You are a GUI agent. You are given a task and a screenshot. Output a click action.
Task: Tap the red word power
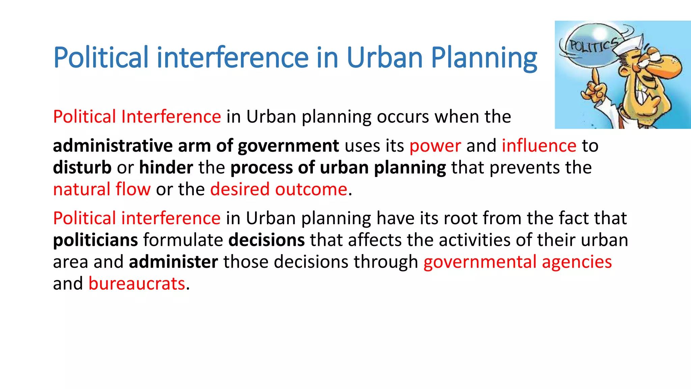click(435, 146)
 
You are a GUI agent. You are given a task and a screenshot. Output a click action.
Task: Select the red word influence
click(539, 146)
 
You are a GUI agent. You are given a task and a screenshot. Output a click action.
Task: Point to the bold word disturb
click(82, 167)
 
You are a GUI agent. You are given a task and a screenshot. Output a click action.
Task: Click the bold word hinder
click(166, 167)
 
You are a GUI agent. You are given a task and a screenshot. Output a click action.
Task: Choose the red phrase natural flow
click(102, 189)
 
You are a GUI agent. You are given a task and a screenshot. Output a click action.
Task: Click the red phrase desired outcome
click(279, 189)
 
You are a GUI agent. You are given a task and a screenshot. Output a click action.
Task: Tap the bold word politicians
click(95, 240)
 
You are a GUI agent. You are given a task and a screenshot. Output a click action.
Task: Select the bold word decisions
click(267, 240)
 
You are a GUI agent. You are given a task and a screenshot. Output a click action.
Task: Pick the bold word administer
click(173, 262)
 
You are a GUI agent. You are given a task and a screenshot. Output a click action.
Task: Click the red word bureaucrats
click(137, 284)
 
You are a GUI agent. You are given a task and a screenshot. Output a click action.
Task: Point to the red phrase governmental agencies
click(517, 262)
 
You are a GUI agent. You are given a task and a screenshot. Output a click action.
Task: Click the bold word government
click(288, 146)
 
